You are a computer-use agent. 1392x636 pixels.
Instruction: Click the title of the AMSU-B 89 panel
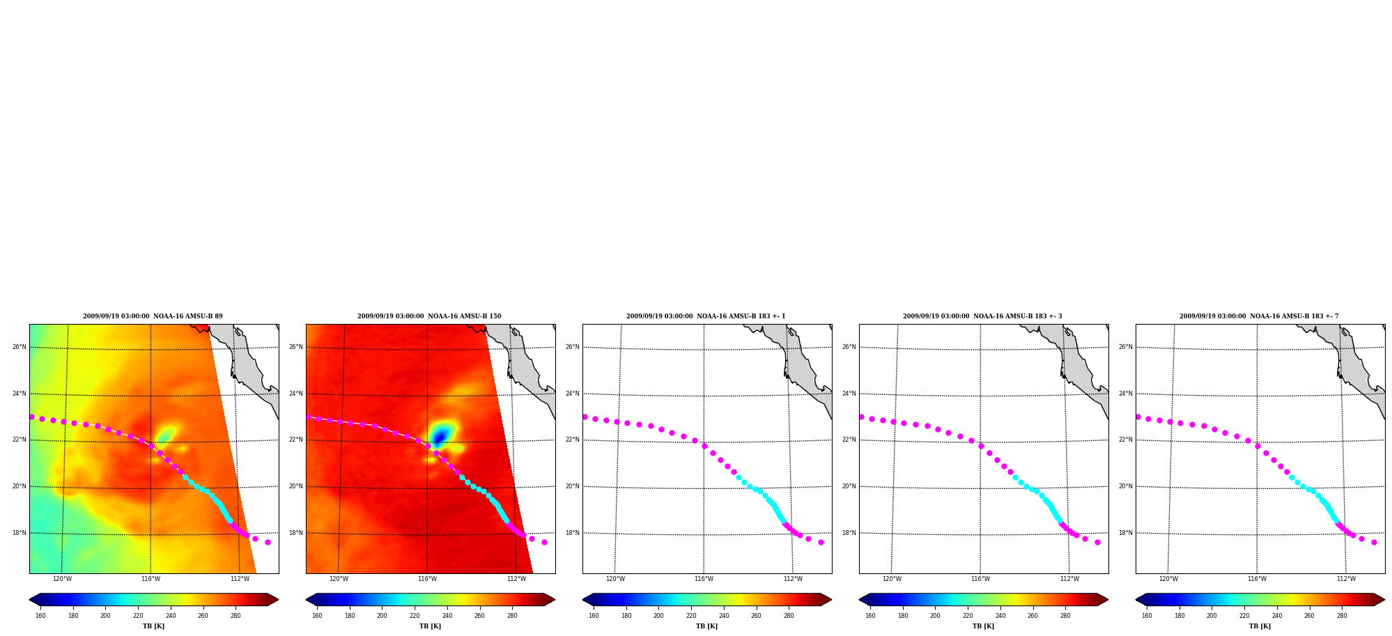point(153,316)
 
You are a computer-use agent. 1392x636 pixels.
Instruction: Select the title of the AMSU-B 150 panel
point(429,316)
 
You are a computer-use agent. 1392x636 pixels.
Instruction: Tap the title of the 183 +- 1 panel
point(706,316)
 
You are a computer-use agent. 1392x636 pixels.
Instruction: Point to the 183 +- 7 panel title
point(1259,316)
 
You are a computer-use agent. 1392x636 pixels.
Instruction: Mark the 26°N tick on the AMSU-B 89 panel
point(19,347)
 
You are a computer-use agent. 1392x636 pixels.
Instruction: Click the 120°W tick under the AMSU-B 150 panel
point(339,579)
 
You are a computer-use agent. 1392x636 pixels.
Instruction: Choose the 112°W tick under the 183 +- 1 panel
point(793,579)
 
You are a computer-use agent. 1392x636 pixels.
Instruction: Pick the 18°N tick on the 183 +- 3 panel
point(849,533)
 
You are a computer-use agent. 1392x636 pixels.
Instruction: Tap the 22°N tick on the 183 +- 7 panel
point(1125,440)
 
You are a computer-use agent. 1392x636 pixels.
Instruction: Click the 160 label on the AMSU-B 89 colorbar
point(40,616)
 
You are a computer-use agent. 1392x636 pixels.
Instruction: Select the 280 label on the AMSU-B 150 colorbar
point(512,616)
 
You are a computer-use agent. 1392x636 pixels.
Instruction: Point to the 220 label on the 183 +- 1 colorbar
point(691,616)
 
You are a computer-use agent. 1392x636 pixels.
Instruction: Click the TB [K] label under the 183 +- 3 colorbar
point(983,626)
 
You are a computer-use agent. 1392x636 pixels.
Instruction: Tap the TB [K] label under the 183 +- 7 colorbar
point(1260,626)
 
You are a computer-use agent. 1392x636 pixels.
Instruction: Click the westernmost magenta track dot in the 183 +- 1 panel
point(585,417)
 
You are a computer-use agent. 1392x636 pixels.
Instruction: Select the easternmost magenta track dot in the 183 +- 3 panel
point(1097,542)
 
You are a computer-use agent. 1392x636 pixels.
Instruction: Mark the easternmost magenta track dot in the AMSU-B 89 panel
point(268,542)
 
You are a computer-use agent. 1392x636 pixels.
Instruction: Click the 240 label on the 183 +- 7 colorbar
point(1277,616)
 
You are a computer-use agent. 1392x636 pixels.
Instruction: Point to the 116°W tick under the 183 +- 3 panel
point(980,579)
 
